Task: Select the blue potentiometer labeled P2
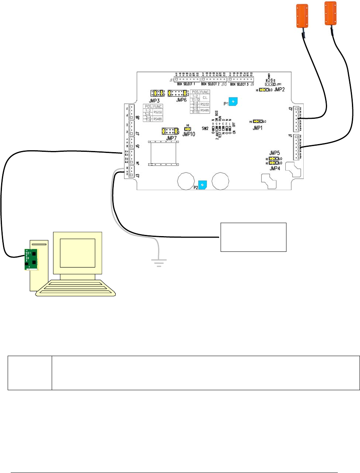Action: [203, 185]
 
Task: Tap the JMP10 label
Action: [189, 134]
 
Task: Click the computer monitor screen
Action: [78, 253]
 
